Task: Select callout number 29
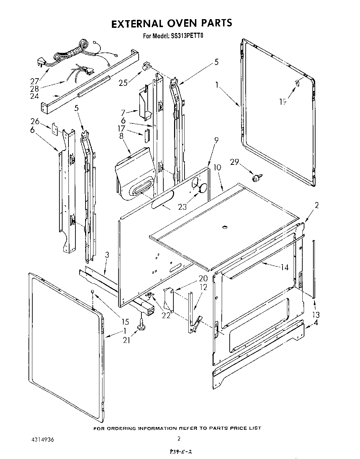235,162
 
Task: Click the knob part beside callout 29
257,178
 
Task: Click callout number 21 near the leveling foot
126,340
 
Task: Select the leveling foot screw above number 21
142,326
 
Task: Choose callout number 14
285,267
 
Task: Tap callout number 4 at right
316,322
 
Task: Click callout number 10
217,167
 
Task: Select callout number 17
121,128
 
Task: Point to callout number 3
107,255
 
